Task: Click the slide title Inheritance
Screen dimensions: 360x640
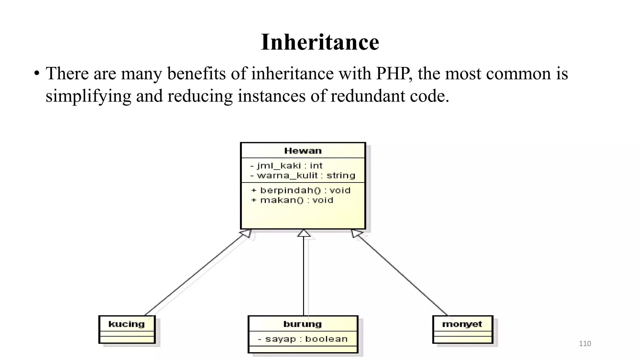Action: [x=320, y=42]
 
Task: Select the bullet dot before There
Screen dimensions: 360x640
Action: [x=37, y=74]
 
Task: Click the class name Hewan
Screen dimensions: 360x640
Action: [x=302, y=151]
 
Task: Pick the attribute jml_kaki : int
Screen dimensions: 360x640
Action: [x=286, y=166]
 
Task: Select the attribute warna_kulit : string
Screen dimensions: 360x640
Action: [x=302, y=176]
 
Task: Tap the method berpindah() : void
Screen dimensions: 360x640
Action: [x=301, y=190]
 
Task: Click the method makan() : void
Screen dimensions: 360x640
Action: [x=292, y=200]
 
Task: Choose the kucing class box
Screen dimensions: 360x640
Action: [x=127, y=329]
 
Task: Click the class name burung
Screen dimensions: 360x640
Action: [x=302, y=324]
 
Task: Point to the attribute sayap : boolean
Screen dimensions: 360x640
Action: [x=302, y=339]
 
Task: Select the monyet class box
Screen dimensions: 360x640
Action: [x=462, y=329]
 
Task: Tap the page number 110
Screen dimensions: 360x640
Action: [x=585, y=344]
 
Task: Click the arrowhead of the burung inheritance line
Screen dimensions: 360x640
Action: [x=304, y=233]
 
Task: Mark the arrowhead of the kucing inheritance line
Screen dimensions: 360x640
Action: [x=246, y=233]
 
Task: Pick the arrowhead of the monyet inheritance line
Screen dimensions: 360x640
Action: [x=356, y=233]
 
